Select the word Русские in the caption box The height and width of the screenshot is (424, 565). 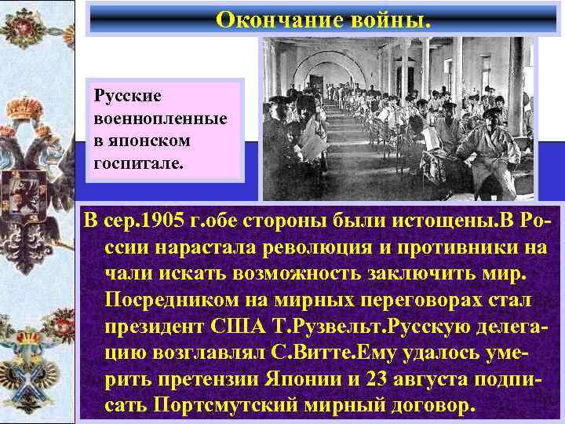coord(127,96)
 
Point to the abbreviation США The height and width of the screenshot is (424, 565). coord(240,327)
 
